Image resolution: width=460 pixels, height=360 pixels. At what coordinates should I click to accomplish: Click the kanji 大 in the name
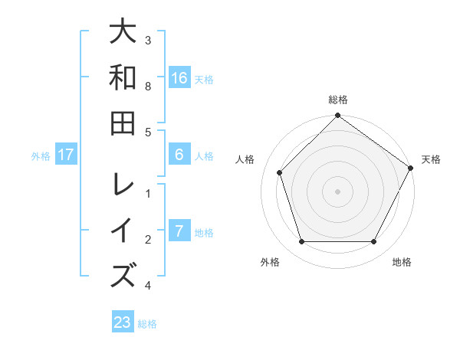click(123, 34)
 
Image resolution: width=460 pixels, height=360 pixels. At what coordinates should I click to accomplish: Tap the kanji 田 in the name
click(123, 123)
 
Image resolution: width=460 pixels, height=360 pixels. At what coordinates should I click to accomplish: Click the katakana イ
click(123, 231)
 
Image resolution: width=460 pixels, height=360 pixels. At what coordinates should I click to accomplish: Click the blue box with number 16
click(179, 77)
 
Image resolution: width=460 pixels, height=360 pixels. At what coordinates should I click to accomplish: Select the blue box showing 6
click(179, 155)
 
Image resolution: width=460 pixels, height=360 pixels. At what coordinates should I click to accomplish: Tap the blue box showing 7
click(179, 231)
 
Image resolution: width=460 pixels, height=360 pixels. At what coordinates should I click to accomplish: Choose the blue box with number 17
click(66, 155)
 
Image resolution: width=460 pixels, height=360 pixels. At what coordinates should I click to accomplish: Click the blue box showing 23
click(123, 322)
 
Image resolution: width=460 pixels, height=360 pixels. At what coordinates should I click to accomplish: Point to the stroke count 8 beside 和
click(148, 86)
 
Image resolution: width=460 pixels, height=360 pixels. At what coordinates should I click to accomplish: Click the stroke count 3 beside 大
click(148, 40)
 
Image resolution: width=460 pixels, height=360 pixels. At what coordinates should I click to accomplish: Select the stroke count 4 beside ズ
click(148, 286)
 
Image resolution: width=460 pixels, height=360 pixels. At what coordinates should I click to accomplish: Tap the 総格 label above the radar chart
click(337, 100)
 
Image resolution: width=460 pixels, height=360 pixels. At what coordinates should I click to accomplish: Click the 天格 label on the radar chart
click(431, 160)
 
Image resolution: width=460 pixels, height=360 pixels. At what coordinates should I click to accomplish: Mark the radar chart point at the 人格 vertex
click(280, 172)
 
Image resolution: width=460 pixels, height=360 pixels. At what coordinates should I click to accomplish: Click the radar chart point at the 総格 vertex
click(337, 117)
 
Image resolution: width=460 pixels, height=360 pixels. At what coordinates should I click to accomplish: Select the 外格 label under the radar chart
click(270, 263)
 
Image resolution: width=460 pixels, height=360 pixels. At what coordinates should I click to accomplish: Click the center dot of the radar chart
click(337, 191)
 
